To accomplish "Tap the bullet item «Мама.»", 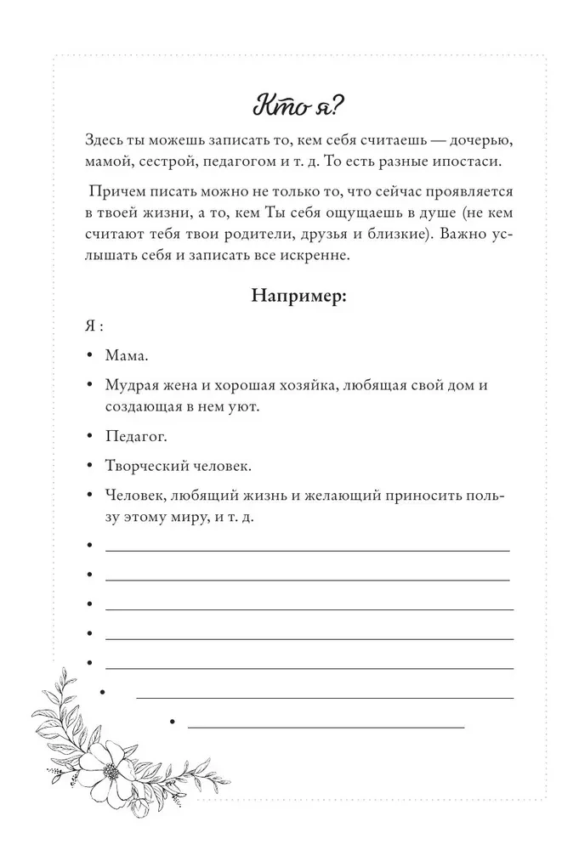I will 127,356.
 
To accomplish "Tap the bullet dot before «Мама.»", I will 89,357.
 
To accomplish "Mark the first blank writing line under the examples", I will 307,551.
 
